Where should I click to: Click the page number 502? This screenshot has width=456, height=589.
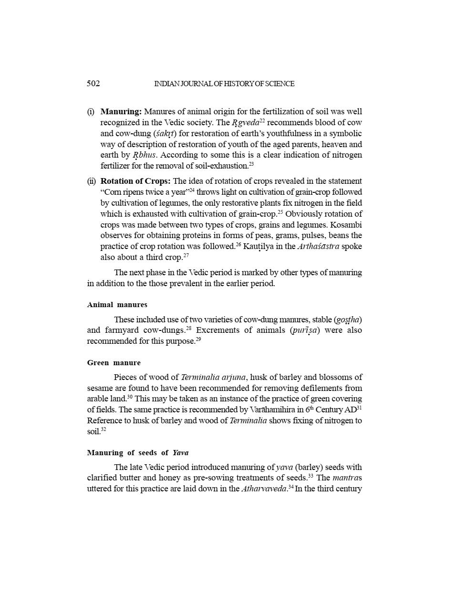(93, 84)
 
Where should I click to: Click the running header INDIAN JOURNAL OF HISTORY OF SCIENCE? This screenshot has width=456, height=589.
(224, 84)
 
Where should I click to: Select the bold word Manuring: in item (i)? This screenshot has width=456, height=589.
(121, 112)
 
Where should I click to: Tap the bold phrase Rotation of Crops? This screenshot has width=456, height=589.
(135, 181)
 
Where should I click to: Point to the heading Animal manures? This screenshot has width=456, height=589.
(117, 305)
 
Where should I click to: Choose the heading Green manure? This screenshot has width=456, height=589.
(114, 363)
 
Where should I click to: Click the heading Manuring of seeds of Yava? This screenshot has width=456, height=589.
(138, 453)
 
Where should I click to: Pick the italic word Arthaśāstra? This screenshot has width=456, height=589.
(319, 247)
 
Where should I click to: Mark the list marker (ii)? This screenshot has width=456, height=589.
(92, 181)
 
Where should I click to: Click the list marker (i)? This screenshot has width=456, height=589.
(91, 112)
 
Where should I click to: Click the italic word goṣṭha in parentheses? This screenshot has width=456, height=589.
(348, 319)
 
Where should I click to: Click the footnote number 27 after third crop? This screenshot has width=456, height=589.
(187, 256)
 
